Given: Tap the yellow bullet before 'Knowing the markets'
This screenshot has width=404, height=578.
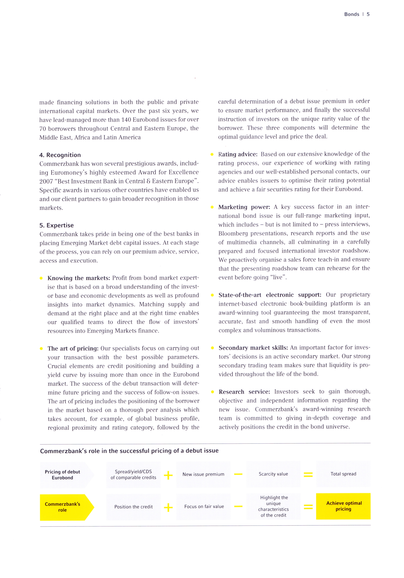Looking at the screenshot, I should point(41,278).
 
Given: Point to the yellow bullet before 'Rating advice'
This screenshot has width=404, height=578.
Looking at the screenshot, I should point(212,154).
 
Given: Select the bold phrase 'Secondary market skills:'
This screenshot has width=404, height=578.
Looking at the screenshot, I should point(253,348).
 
